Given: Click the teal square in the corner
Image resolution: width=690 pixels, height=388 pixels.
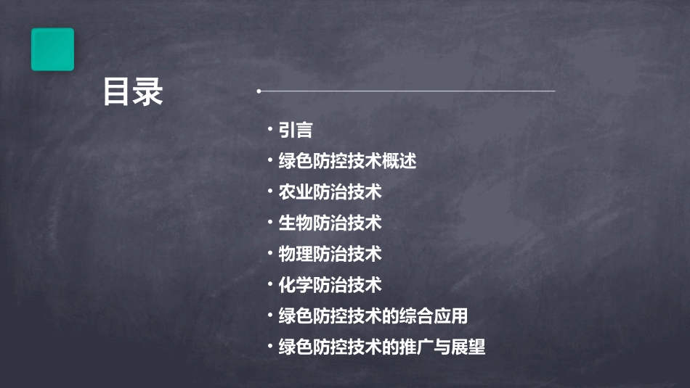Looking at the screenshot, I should (x=52, y=49).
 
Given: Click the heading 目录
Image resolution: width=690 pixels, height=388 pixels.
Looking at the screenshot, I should (x=133, y=93).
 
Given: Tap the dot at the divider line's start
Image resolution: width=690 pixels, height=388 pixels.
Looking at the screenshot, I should (x=259, y=91).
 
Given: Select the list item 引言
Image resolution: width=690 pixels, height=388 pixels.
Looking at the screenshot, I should (x=296, y=131).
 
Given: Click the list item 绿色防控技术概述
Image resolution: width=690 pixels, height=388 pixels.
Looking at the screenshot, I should (x=347, y=161).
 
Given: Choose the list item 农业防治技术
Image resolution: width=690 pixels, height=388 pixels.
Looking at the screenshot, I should (x=330, y=192).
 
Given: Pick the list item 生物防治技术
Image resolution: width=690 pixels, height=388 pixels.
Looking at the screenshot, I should (x=330, y=223).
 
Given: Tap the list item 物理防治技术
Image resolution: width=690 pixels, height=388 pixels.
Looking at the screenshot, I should (x=330, y=254).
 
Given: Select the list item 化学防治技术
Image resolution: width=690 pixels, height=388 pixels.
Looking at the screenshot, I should (x=330, y=285).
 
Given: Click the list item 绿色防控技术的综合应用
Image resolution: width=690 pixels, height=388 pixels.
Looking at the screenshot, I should (x=373, y=316).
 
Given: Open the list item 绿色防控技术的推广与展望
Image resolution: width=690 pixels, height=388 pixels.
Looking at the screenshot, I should (x=381, y=347).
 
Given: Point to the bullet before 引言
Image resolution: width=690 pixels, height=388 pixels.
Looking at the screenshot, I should (x=270, y=129).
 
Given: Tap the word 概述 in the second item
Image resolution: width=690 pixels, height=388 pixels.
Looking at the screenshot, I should (x=399, y=161).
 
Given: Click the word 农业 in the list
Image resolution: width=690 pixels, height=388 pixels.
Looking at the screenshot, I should (x=296, y=192).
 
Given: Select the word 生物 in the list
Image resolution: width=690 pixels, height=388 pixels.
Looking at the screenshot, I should (x=296, y=223).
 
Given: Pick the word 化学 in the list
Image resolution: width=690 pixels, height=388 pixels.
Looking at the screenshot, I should (x=296, y=285).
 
